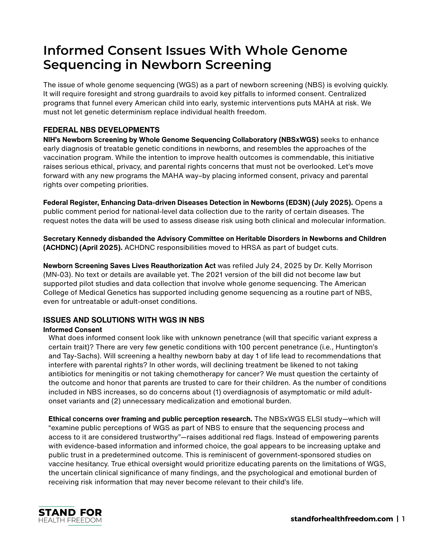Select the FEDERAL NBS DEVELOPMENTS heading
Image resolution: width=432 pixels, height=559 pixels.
[x=101, y=130]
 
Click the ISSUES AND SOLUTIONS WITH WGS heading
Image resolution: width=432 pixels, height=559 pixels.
[x=124, y=320]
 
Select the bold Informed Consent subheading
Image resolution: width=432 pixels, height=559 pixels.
[x=72, y=330]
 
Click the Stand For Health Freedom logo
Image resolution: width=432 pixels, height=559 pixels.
[x=70, y=516]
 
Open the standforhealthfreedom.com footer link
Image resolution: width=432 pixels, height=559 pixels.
[x=342, y=519]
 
